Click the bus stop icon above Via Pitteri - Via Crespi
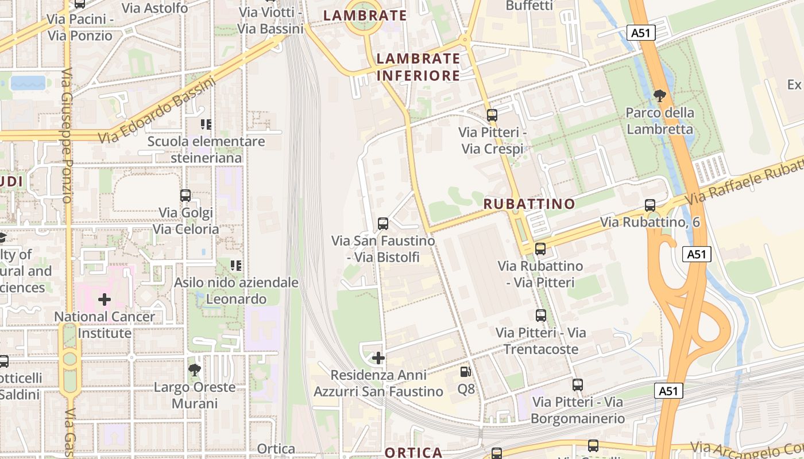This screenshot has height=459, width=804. (x=492, y=115)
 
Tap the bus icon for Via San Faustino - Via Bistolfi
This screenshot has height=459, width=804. (x=383, y=224)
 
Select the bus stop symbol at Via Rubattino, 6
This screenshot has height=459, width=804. (x=650, y=205)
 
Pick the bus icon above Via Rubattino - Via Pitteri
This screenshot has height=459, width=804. (x=540, y=249)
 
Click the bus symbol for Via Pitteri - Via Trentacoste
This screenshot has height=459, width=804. (x=541, y=315)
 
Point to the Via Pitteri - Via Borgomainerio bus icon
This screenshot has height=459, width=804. (x=578, y=385)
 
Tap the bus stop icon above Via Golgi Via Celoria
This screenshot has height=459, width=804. (x=185, y=196)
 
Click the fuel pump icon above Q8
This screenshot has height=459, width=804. (x=466, y=372)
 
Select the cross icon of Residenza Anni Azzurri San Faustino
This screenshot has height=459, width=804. (x=378, y=358)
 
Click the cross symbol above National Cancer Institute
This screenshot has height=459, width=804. (x=105, y=299)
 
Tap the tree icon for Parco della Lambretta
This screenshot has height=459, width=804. (x=660, y=95)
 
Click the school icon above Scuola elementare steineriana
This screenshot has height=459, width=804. (x=206, y=124)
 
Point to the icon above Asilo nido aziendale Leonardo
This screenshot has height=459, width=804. (x=236, y=265)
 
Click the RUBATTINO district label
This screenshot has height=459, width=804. (x=529, y=204)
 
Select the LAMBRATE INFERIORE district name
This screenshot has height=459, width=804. (x=418, y=67)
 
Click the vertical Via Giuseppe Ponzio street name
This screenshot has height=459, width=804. (x=67, y=135)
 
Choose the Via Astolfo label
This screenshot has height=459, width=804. (x=155, y=8)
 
